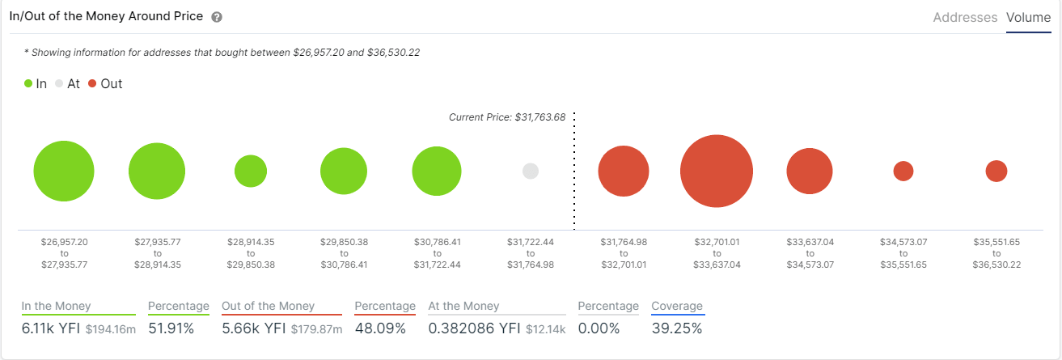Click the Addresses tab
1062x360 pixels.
tap(965, 17)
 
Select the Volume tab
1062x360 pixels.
tap(1028, 17)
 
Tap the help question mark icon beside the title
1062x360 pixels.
tap(216, 17)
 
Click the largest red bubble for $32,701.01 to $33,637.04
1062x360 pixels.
tap(717, 172)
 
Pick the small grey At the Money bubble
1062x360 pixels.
tap(531, 171)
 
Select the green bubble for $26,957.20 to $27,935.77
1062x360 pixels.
tap(64, 172)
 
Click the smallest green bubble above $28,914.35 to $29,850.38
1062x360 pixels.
tap(251, 171)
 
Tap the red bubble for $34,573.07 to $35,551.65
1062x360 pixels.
tap(903, 171)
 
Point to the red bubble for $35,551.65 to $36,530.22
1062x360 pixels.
tap(996, 171)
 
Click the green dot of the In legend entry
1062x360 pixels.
tap(28, 83)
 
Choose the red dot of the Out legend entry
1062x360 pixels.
tap(92, 83)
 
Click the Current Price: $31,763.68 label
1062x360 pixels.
tap(507, 117)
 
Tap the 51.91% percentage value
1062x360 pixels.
tap(174, 328)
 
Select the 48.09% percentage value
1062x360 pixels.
tap(380, 328)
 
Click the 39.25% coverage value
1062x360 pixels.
tap(676, 328)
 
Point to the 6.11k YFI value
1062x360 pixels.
tap(51, 328)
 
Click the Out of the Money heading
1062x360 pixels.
tap(268, 307)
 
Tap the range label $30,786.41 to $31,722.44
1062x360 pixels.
tap(437, 253)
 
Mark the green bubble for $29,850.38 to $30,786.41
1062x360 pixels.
tap(345, 171)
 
